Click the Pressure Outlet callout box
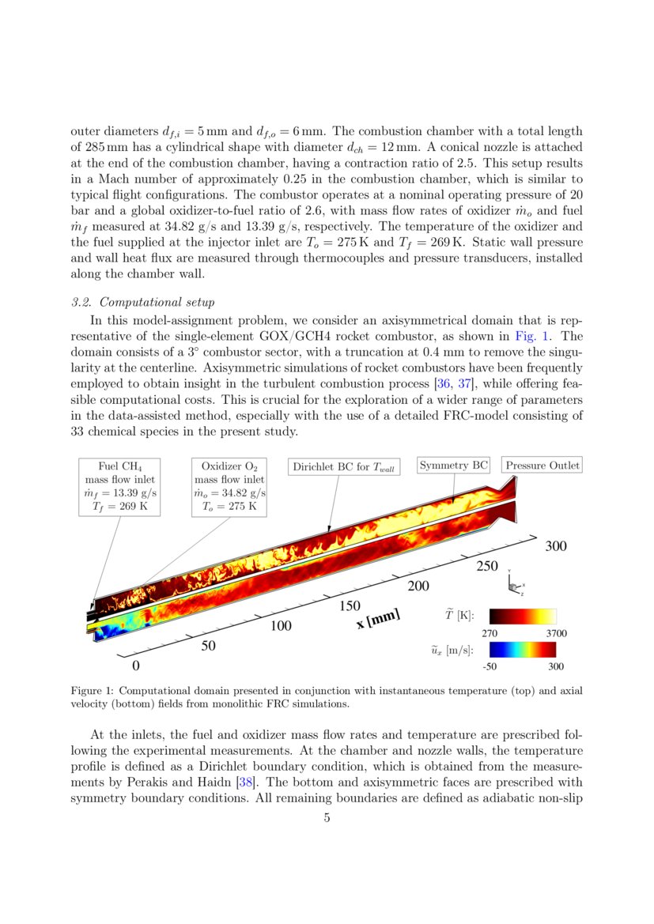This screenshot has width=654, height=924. point(542,466)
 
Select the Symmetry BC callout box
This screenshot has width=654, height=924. point(454,466)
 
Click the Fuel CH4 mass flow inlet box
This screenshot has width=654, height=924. point(119,486)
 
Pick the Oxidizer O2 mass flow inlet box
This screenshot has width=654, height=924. point(229,486)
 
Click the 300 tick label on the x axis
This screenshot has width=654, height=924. point(556,545)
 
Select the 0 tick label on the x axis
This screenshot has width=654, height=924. point(135,666)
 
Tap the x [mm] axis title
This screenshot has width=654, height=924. point(378,618)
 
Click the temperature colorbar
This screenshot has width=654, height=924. point(522,616)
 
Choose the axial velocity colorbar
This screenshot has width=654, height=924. point(522,650)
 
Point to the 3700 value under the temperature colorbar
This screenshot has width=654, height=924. point(555,633)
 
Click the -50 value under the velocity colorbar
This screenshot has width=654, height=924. point(489,666)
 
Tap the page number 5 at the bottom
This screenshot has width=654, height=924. point(327,818)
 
